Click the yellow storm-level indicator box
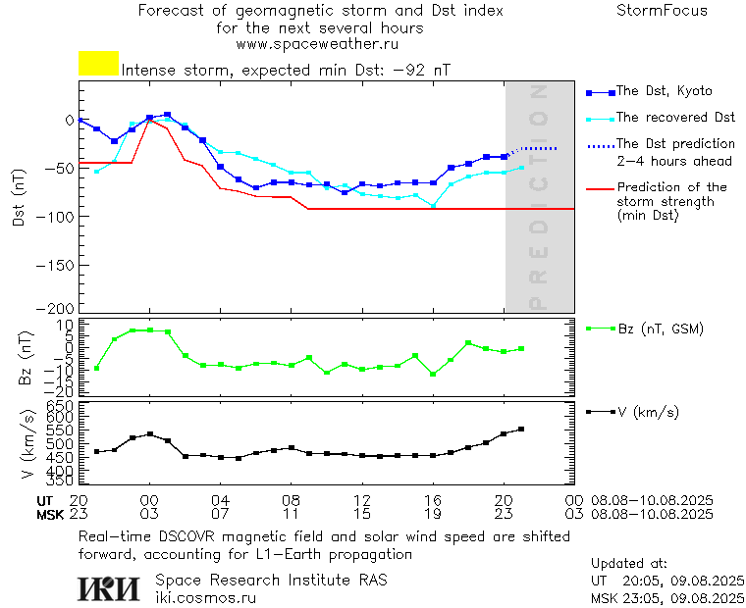[98, 64]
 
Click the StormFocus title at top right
[662, 11]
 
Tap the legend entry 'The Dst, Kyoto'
[664, 91]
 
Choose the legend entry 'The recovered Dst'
[675, 118]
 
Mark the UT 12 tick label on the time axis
[362, 500]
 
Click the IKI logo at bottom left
[110, 588]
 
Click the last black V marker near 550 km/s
[521, 429]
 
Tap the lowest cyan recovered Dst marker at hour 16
[433, 205]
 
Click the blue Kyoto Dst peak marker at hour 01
[167, 115]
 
